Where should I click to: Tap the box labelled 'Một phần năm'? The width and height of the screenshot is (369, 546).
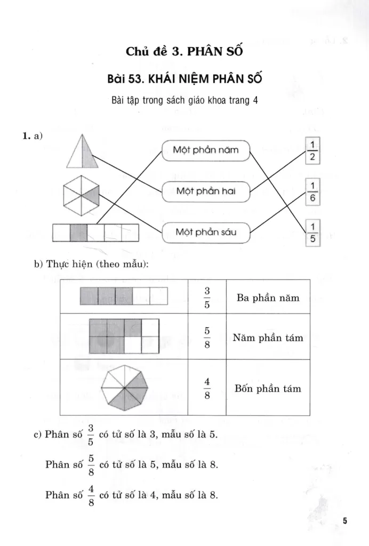(x=205, y=151)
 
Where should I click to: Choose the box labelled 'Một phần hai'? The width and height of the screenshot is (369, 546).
(x=205, y=191)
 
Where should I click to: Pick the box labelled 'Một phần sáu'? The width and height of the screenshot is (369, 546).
(x=205, y=232)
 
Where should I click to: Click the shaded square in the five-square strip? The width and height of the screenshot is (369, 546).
(x=79, y=233)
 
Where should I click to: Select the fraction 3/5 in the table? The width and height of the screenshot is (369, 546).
(x=207, y=298)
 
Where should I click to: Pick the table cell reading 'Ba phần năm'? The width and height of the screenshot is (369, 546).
(x=268, y=298)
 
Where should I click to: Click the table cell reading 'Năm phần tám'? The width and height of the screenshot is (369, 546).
(x=268, y=338)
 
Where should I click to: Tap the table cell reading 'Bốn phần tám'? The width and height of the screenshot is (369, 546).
(x=268, y=388)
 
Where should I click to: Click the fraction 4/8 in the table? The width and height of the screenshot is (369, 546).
(x=207, y=388)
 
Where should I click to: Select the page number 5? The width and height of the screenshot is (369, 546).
(x=345, y=520)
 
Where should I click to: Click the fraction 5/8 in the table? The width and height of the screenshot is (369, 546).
(x=207, y=338)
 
